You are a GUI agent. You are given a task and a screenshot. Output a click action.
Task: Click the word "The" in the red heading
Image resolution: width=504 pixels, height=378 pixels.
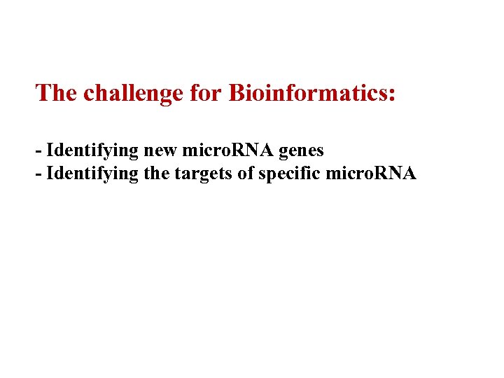(x=56, y=93)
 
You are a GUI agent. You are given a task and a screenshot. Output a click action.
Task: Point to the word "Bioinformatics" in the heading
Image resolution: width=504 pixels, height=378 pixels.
(x=307, y=93)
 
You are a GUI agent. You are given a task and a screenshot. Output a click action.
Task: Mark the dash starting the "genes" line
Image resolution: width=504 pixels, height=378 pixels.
(x=38, y=151)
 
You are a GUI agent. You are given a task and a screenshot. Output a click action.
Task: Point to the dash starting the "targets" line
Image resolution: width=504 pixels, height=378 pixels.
(x=38, y=174)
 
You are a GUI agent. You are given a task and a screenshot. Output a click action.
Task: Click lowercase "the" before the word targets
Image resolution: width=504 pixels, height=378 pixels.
(x=155, y=174)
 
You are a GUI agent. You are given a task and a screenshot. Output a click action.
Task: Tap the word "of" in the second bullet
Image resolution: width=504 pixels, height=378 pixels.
(x=245, y=174)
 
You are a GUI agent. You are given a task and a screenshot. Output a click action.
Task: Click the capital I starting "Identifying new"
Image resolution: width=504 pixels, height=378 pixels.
(x=50, y=150)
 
